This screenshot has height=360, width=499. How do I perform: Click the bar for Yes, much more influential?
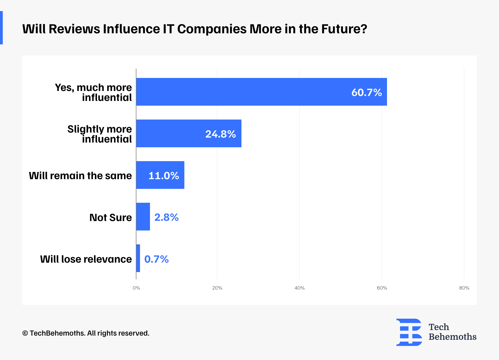click(x=261, y=92)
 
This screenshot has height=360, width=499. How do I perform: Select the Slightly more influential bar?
click(x=189, y=133)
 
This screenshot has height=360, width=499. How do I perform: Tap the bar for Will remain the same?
click(x=160, y=175)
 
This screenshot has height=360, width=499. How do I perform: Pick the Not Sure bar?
click(x=143, y=217)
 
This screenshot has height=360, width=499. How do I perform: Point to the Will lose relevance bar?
click(x=138, y=258)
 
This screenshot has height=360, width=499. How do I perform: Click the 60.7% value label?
click(x=366, y=92)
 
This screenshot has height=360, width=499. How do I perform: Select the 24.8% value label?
click(x=220, y=134)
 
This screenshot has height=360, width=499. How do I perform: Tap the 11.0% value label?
click(x=164, y=176)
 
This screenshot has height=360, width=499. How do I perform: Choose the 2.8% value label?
click(x=166, y=217)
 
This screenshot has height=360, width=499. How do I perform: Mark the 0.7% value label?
click(x=156, y=259)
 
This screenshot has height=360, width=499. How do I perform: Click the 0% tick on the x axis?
click(x=136, y=288)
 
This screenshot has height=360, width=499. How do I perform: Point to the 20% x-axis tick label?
click(x=217, y=288)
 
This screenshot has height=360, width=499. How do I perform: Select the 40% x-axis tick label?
click(x=299, y=288)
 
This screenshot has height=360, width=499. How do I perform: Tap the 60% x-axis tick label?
click(x=382, y=288)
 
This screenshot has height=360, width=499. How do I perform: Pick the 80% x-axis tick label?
click(x=464, y=288)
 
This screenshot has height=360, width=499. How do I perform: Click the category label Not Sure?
click(x=111, y=217)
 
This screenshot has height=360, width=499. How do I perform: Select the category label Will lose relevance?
click(x=86, y=259)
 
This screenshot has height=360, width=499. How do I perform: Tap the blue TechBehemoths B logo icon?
click(x=409, y=332)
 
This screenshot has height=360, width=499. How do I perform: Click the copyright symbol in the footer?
click(x=25, y=333)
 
